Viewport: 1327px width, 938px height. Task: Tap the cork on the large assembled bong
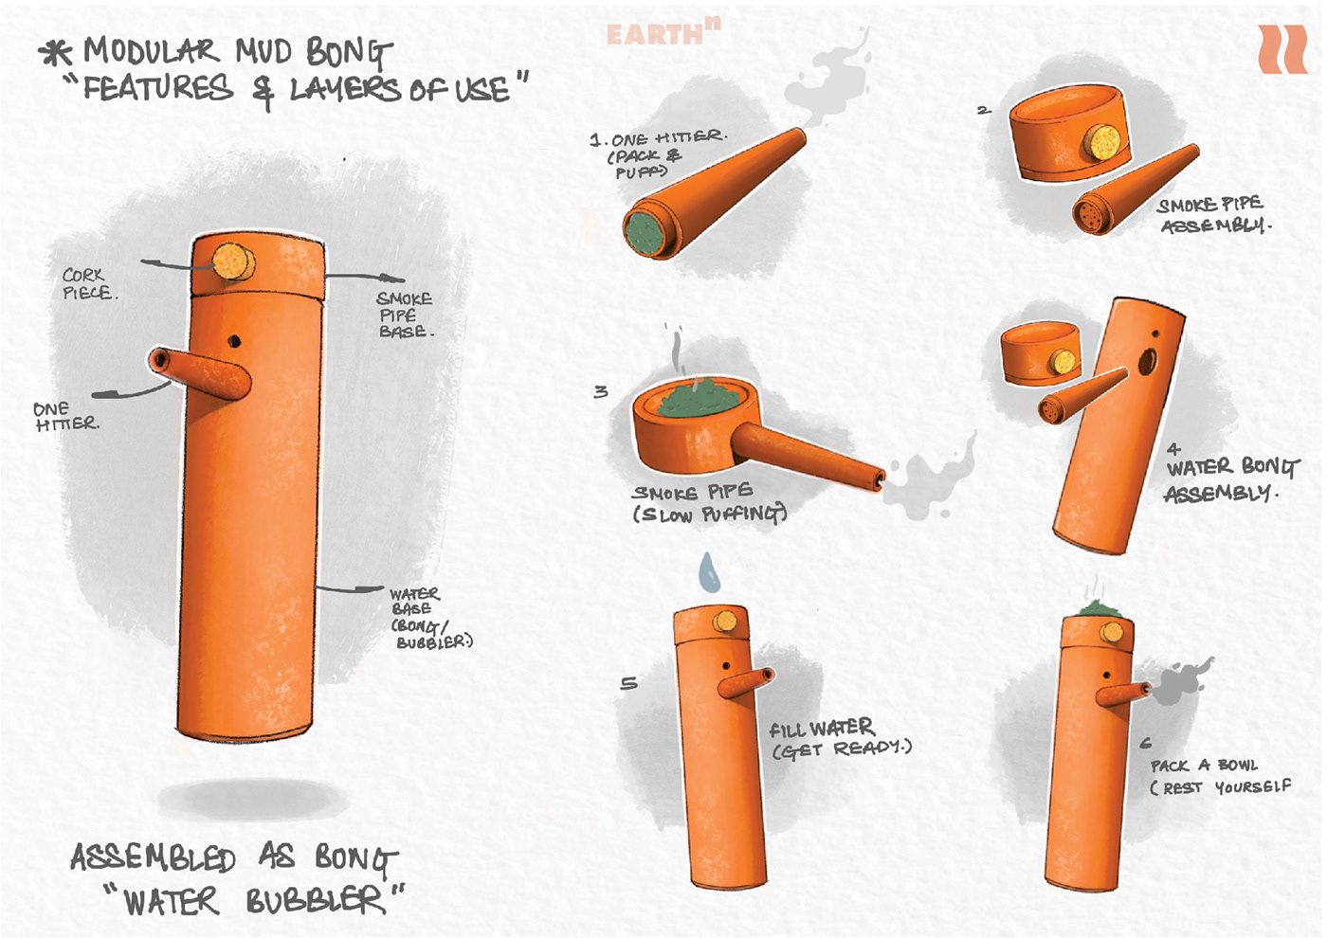click(233, 262)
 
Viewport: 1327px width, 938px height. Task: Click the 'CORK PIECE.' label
click(89, 284)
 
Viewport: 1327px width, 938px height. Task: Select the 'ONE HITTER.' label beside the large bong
click(65, 416)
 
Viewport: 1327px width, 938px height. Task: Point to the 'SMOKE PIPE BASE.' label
click(405, 315)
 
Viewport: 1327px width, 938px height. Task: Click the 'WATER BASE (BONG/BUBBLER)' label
click(429, 618)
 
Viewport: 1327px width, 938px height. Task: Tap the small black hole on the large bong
click(234, 341)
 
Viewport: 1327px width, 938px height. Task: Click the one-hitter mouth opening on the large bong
click(159, 360)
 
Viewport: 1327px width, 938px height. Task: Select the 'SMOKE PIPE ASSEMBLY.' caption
click(1213, 215)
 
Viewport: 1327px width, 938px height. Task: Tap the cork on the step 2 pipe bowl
click(1103, 143)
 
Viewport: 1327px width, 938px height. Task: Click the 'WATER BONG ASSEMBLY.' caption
click(1229, 478)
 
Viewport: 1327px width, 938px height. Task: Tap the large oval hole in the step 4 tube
click(1148, 361)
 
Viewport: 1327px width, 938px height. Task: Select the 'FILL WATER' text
click(821, 729)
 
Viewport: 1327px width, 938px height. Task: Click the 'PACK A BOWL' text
click(1204, 766)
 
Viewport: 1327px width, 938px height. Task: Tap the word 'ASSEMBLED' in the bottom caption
click(153, 857)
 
